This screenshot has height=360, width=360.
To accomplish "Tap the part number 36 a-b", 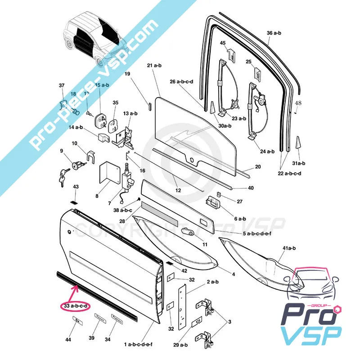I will tap(274, 33).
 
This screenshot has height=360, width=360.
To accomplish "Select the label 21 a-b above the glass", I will tap(154, 66).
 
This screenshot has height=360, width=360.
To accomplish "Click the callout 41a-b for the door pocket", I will tap(288, 248).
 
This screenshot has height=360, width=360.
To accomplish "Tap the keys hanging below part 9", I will tap(61, 177).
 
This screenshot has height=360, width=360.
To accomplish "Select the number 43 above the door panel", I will tap(76, 187).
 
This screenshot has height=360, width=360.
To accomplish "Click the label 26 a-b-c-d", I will tap(181, 81).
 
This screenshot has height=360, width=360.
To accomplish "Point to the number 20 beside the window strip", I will tap(258, 166).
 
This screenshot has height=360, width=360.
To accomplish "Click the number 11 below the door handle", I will tap(205, 244).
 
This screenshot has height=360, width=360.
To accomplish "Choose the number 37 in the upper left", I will tap(62, 85).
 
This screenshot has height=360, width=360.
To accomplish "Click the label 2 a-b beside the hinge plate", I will tap(212, 282).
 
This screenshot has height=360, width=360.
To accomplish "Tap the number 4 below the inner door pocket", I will tap(233, 274).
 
